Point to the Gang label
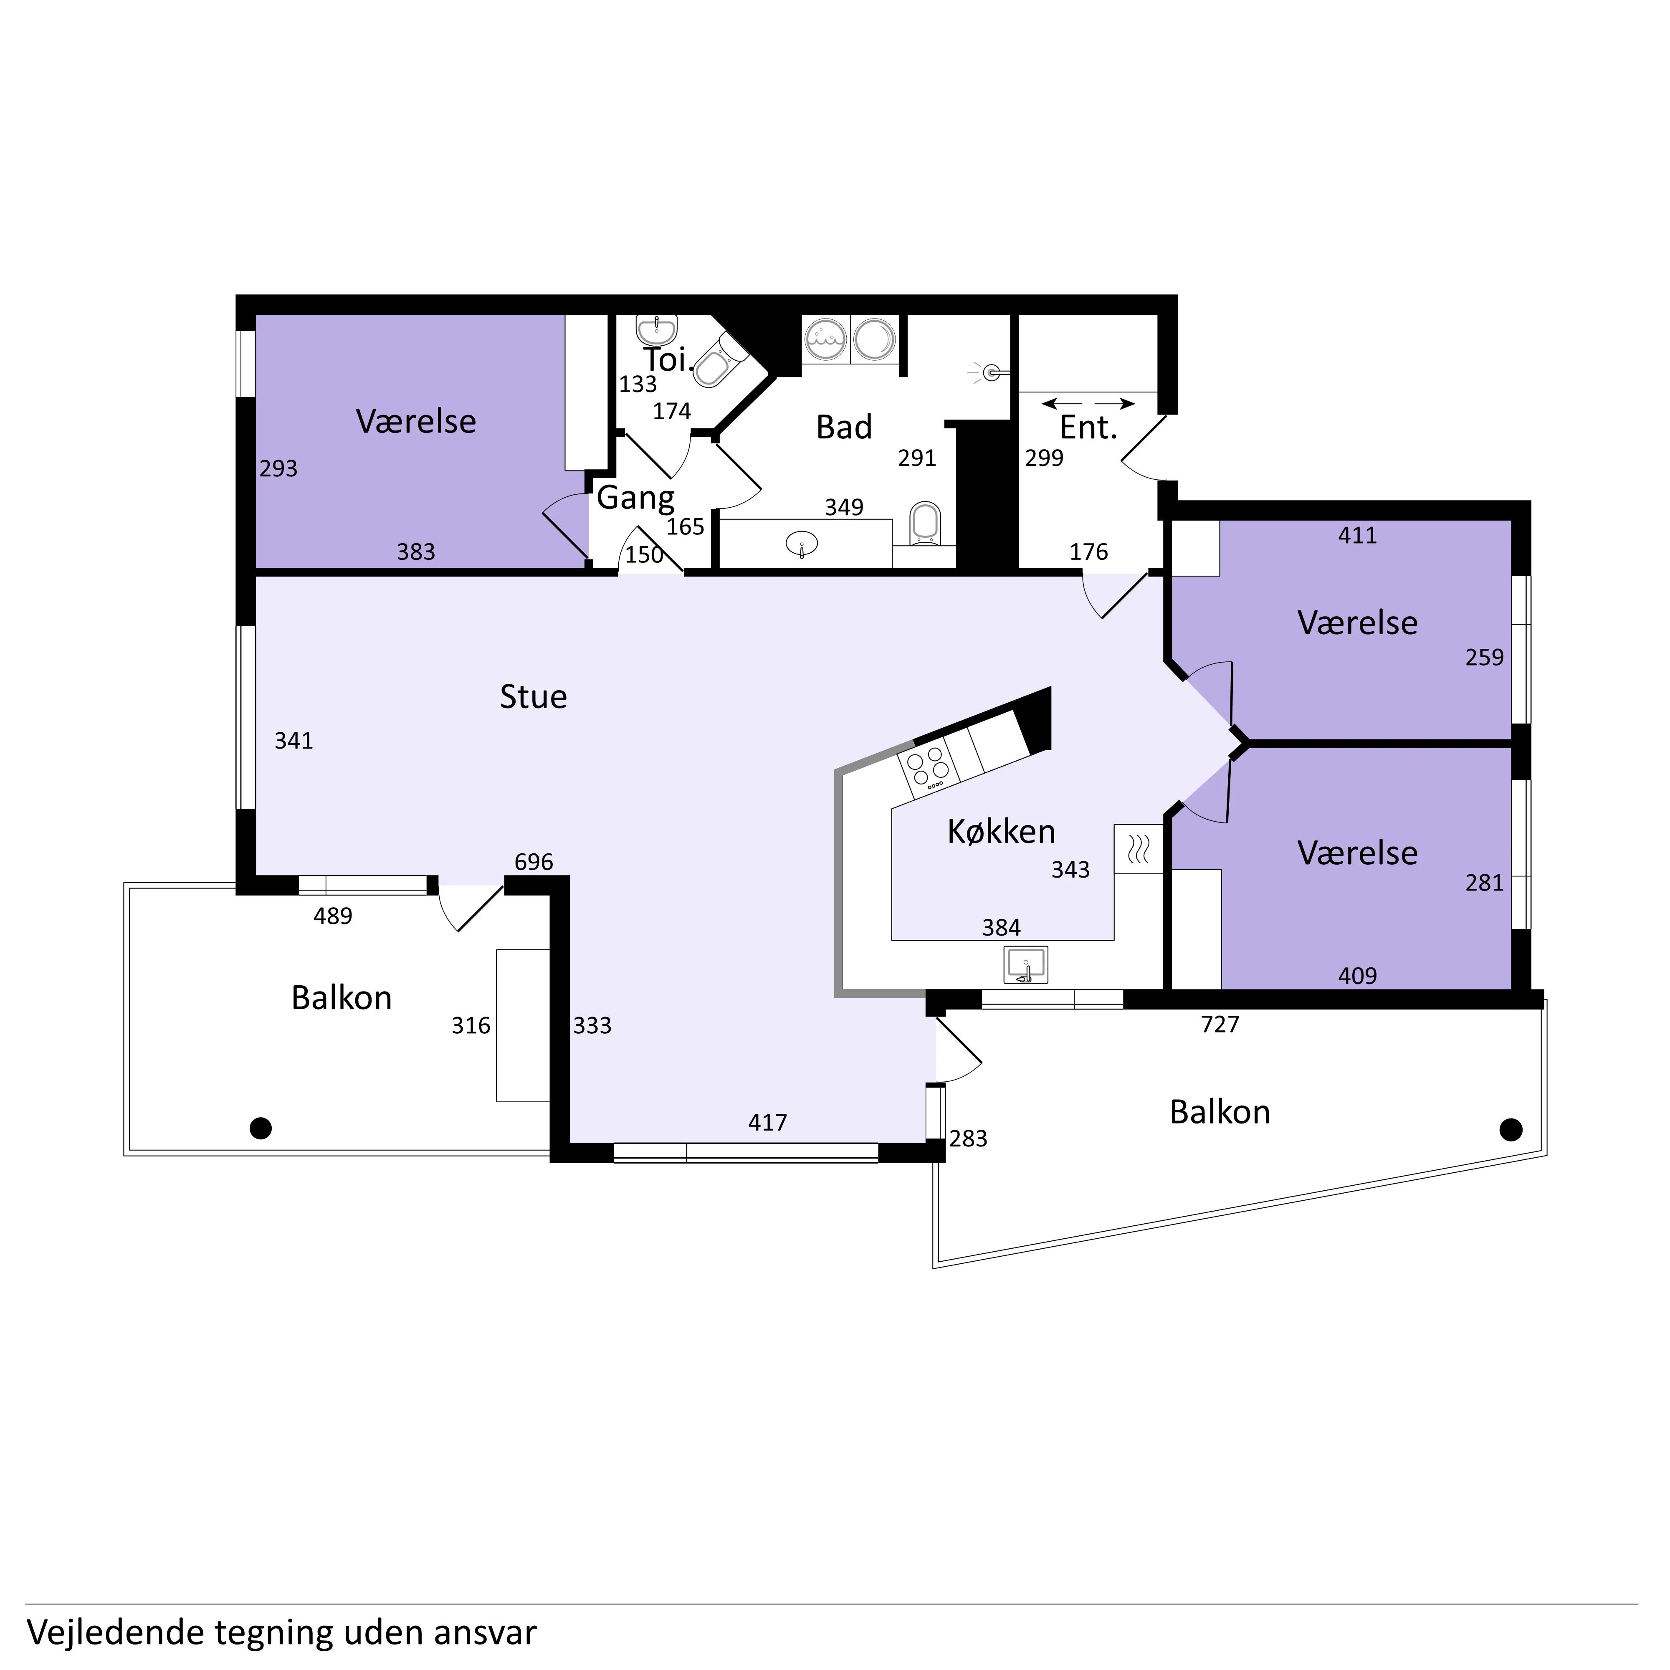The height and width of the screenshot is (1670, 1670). [635, 499]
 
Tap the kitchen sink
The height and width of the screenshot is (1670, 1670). [1025, 965]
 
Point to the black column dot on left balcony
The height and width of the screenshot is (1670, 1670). [260, 1128]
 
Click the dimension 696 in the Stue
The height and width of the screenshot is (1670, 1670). [533, 862]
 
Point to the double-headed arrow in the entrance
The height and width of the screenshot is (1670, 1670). [1088, 404]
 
